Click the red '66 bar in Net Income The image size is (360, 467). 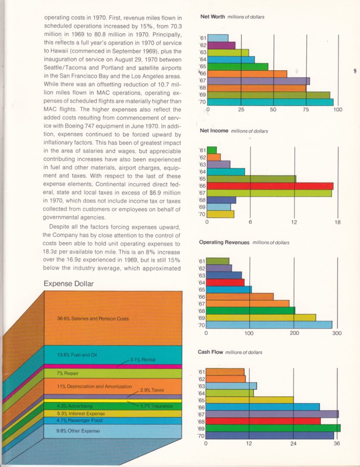(270, 186)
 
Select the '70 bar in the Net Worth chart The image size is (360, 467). (270, 102)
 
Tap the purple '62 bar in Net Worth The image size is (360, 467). (222, 45)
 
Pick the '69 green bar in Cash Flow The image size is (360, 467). (273, 428)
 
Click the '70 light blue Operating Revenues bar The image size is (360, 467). (269, 325)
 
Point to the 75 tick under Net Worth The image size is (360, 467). (306, 109)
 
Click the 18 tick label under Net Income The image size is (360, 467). (337, 222)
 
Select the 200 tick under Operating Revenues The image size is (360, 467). (294, 333)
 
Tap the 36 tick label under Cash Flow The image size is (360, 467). (336, 443)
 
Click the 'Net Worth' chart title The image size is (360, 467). (213, 17)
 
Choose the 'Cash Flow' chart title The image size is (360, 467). (210, 352)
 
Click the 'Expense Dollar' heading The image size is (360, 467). (69, 283)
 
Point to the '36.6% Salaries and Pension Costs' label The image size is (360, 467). (93, 319)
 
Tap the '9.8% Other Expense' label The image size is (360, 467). (78, 431)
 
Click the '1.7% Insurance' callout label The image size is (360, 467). (157, 406)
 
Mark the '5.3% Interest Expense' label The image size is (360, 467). (81, 414)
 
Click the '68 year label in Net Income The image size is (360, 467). (202, 200)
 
